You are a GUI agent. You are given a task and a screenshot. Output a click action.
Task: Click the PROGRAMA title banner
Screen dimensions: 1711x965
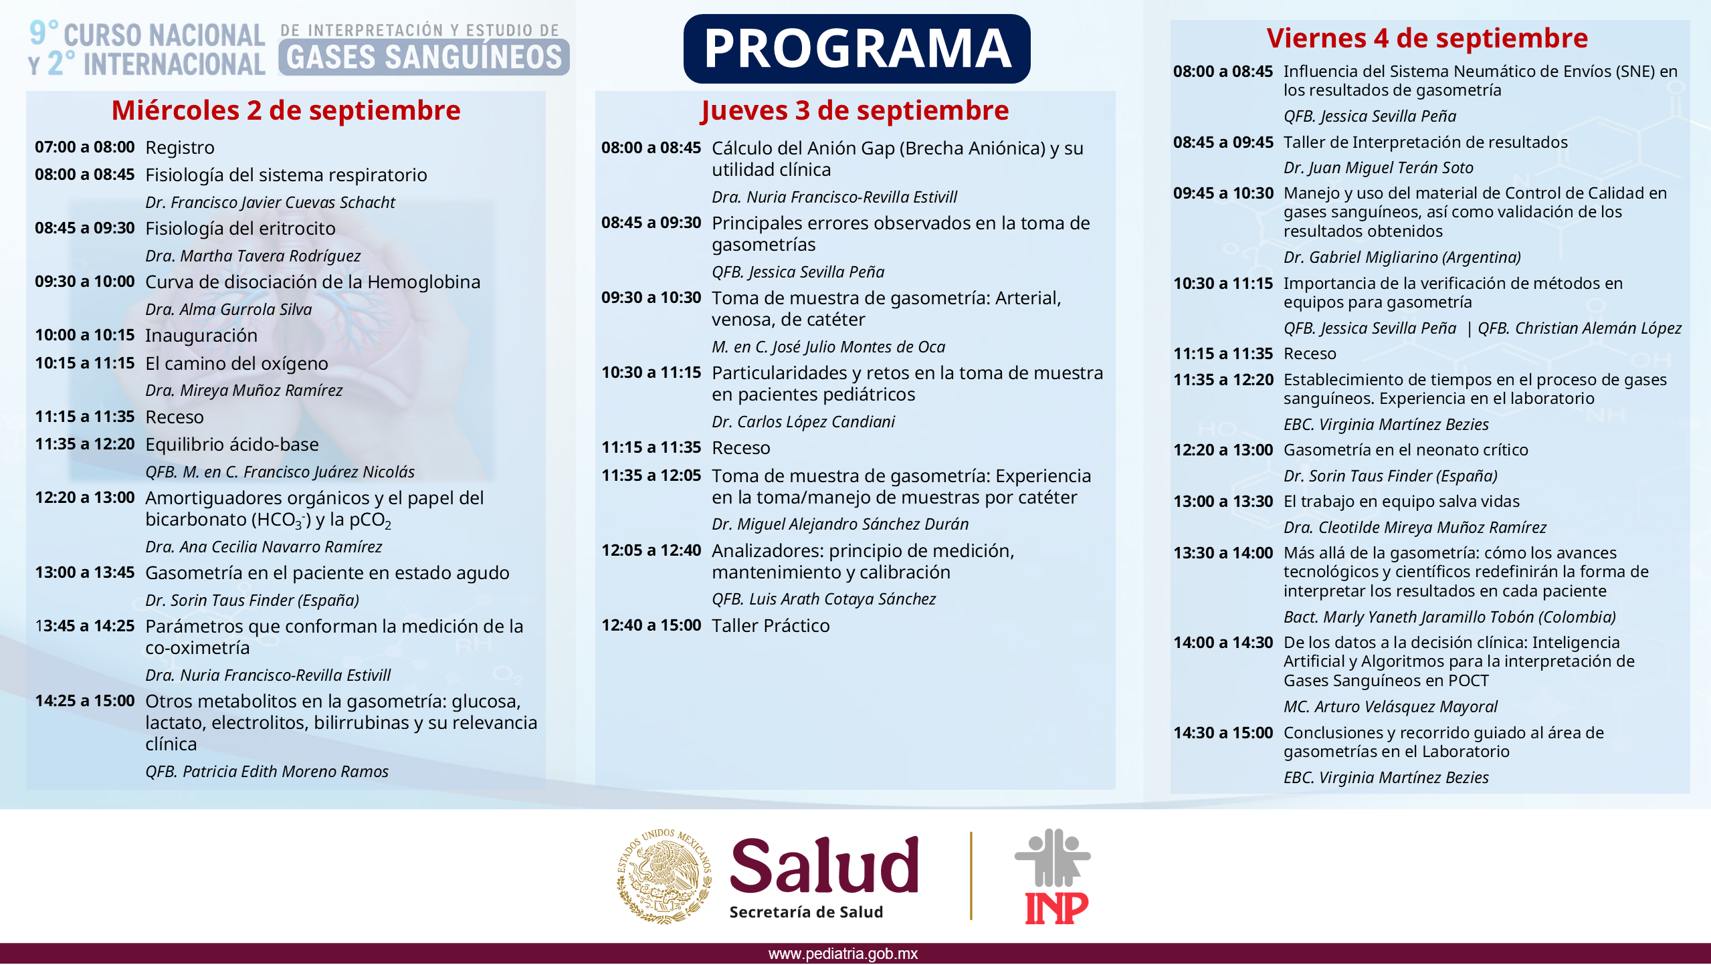coord(856,48)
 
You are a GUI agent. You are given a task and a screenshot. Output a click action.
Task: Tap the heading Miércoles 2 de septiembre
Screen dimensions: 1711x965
coord(286,110)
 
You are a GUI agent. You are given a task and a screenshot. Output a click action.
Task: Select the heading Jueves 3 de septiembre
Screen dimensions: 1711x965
coord(854,110)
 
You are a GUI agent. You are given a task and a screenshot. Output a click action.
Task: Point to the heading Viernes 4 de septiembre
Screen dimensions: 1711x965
coord(1427,38)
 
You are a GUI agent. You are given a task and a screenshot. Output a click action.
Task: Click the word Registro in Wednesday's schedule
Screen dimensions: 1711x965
coord(180,147)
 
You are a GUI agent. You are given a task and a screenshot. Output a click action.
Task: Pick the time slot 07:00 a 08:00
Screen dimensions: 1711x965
coord(85,146)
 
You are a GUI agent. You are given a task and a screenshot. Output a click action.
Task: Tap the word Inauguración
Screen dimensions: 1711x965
coord(201,335)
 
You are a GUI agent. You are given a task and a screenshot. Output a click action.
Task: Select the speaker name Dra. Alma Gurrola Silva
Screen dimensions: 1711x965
coord(229,309)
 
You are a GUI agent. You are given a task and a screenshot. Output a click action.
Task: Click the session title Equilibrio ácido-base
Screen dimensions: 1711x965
coord(232,444)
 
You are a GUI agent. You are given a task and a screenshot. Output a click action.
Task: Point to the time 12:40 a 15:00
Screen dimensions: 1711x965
coord(651,625)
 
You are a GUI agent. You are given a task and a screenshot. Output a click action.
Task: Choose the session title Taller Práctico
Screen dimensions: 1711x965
coord(771,625)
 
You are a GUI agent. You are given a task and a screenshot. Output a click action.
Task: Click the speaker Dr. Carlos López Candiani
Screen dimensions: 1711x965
coord(803,421)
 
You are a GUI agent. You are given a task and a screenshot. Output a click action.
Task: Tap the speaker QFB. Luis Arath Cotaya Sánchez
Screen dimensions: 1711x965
coord(823,599)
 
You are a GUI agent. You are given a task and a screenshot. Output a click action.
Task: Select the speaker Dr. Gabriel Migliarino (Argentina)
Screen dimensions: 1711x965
coord(1402,257)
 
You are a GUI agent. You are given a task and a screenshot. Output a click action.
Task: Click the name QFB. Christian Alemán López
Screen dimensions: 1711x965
coord(1579,328)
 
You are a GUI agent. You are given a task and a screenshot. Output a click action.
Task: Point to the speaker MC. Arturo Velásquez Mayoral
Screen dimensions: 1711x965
coord(1391,706)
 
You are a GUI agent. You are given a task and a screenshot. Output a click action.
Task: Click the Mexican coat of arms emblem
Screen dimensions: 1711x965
coord(664,876)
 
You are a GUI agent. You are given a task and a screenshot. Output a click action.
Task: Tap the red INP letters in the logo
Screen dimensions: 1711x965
coord(1057,907)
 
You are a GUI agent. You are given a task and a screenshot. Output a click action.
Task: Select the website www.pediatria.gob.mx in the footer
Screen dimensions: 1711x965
coord(843,954)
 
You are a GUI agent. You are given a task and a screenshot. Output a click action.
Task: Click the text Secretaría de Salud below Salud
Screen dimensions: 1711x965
coord(806,912)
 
